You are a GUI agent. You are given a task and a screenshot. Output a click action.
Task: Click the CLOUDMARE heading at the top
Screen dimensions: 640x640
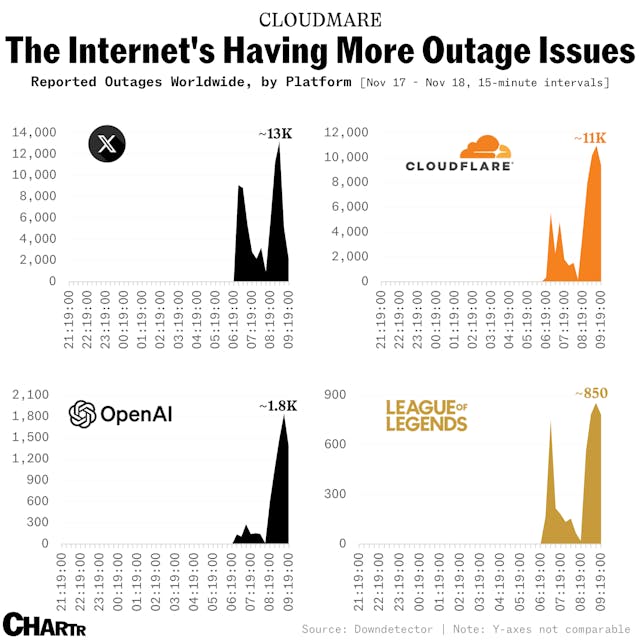[319, 19]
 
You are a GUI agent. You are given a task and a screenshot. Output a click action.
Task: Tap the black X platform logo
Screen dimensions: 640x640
[104, 143]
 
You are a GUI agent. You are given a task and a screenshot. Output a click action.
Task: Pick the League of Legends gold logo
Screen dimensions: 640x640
[427, 415]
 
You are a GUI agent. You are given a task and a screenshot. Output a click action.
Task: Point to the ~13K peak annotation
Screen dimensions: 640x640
[272, 133]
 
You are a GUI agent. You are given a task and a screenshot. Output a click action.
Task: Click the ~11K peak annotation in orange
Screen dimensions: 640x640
[590, 137]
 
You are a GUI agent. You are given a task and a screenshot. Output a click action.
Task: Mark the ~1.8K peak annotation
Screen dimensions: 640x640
[276, 406]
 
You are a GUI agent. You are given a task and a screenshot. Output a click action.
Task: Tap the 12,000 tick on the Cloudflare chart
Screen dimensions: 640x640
[349, 132]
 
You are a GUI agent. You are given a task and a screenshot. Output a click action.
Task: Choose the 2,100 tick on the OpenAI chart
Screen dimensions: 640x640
[41, 395]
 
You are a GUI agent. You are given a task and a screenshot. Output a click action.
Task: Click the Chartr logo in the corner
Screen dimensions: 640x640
[40, 623]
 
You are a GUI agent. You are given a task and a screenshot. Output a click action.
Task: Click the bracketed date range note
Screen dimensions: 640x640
[484, 82]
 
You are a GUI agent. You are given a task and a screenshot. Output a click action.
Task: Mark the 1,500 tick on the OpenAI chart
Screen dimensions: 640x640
[41, 437]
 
